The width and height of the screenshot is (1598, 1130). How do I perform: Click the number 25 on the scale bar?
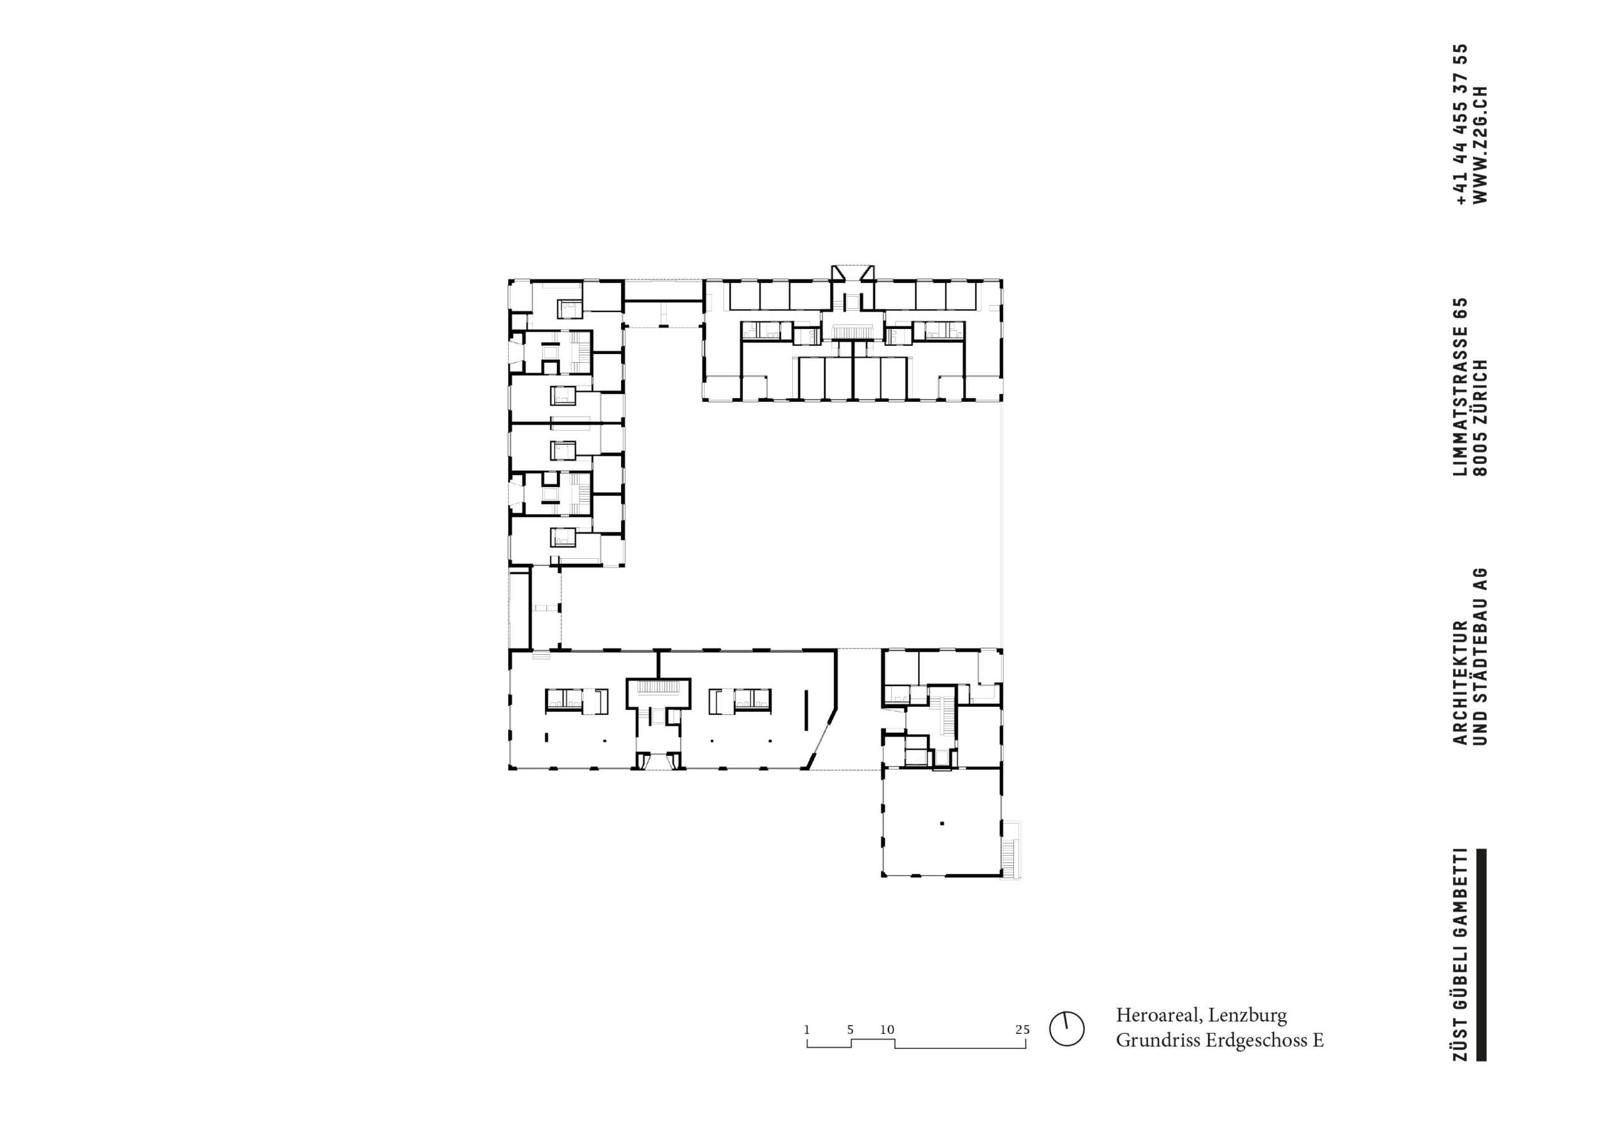tap(1022, 1030)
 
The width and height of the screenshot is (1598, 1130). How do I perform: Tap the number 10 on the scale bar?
tap(887, 1030)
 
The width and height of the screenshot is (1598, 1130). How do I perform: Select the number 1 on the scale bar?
tap(807, 1030)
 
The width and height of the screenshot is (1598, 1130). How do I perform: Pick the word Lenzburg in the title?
tap(1253, 1016)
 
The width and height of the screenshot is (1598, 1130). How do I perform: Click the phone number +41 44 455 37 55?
tap(1460, 124)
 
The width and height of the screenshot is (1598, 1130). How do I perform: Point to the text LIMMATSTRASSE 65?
tap(1460, 387)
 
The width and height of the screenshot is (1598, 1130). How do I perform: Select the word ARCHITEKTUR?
tap(1460, 682)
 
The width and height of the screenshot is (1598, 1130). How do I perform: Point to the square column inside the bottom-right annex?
tap(942, 823)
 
